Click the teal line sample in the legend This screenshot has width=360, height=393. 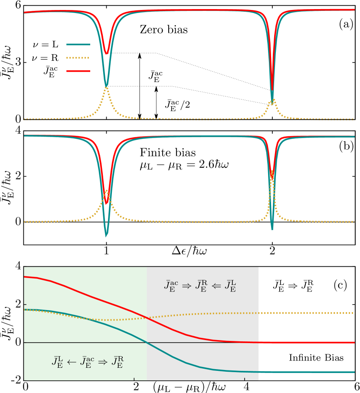pyautogui.click(x=78, y=44)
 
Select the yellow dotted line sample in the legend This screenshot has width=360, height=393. pyautogui.click(x=78, y=58)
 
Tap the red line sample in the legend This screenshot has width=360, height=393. pyautogui.click(x=78, y=71)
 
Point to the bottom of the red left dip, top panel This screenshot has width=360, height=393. pyautogui.click(x=106, y=54)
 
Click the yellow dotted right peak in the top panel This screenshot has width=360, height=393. pyautogui.click(x=272, y=101)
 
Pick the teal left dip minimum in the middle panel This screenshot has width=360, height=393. pyautogui.click(x=106, y=236)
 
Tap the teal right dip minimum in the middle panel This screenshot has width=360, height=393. pyautogui.click(x=272, y=229)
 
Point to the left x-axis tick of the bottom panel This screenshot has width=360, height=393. pyautogui.click(x=134, y=380)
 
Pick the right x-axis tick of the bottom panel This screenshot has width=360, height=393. pyautogui.click(x=245, y=380)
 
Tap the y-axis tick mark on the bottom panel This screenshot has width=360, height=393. pyautogui.click(x=25, y=305)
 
